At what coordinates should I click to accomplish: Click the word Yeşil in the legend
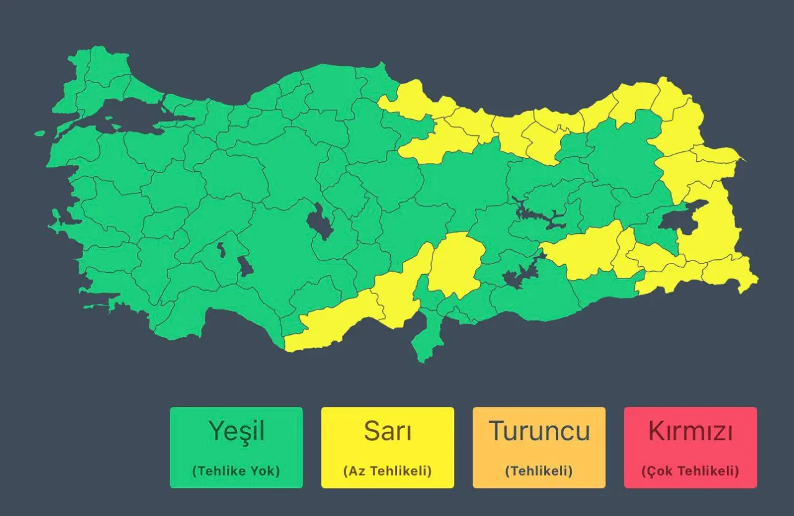(x=236, y=431)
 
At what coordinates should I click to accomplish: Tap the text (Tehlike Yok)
(x=236, y=471)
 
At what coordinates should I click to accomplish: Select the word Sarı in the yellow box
(x=388, y=431)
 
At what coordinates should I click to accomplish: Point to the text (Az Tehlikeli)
(x=388, y=471)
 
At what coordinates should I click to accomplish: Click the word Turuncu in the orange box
(x=539, y=431)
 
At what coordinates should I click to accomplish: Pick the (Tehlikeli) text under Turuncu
(x=539, y=471)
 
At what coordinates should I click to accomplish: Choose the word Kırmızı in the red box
(x=690, y=431)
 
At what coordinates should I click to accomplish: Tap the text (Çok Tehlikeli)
(x=690, y=471)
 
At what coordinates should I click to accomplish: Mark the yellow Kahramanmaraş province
(x=456, y=264)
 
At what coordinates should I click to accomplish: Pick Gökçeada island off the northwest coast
(x=40, y=133)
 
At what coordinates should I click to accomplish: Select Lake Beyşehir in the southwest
(x=246, y=267)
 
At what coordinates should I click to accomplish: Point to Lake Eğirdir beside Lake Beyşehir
(x=221, y=250)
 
